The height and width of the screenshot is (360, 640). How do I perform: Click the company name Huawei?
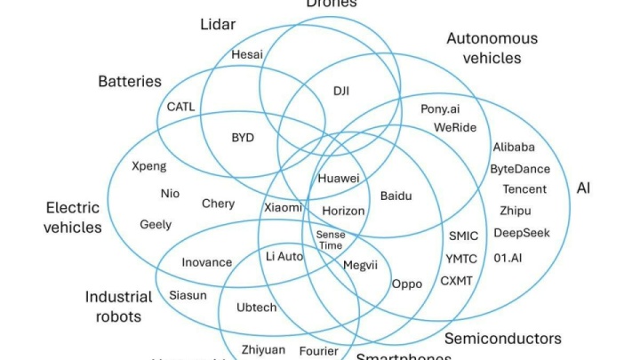pos(339,179)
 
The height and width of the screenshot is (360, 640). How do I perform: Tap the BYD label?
pos(243,138)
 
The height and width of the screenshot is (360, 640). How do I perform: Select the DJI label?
pos(341,91)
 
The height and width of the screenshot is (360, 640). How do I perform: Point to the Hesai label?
pos(247,53)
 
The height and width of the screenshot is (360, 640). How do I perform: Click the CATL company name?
pos(180,107)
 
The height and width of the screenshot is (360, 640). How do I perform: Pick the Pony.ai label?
pos(440,108)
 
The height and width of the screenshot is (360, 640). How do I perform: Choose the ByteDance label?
pos(520,169)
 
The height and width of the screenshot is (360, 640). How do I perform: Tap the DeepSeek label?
pos(522,233)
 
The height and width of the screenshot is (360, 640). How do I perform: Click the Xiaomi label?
pos(283,207)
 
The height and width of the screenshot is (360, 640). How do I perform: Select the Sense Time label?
pos(330,239)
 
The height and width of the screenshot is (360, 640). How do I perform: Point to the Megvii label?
pos(360,264)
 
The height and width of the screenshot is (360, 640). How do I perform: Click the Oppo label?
pos(407,284)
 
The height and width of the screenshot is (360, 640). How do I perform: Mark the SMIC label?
pos(463,236)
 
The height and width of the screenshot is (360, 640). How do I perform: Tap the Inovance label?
pos(206,262)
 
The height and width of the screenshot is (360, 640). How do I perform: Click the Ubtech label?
pos(256,308)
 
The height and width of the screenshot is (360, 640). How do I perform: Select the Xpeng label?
pos(148,166)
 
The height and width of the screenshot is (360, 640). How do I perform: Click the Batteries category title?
pos(130,82)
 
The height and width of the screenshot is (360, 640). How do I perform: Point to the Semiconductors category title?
pos(502,339)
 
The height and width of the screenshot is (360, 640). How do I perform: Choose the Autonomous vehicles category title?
pos(492,48)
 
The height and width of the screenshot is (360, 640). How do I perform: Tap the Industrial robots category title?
pos(119,305)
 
